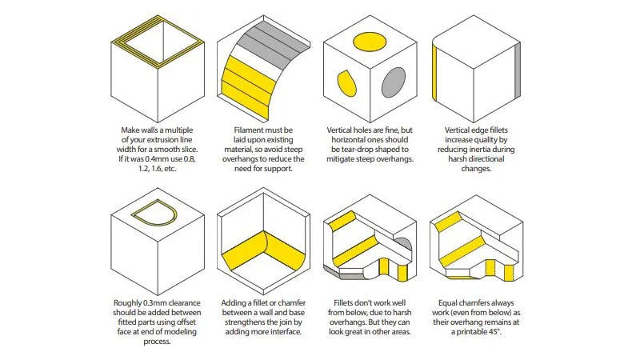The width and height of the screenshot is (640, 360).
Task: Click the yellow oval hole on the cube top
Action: [370, 42]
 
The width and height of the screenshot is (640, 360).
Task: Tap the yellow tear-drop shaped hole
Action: [346, 83]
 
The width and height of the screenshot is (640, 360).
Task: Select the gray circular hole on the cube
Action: [394, 82]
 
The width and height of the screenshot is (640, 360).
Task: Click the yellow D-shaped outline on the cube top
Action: [154, 215]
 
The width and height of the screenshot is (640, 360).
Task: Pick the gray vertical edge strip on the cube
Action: [518, 70]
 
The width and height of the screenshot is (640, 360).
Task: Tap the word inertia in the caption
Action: [484, 150]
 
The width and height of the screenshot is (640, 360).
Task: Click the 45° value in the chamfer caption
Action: [494, 332]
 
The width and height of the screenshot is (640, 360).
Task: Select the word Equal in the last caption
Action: [448, 303]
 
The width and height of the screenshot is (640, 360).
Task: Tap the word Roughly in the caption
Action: [127, 303]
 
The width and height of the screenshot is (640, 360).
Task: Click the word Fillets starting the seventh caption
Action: [345, 303]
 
